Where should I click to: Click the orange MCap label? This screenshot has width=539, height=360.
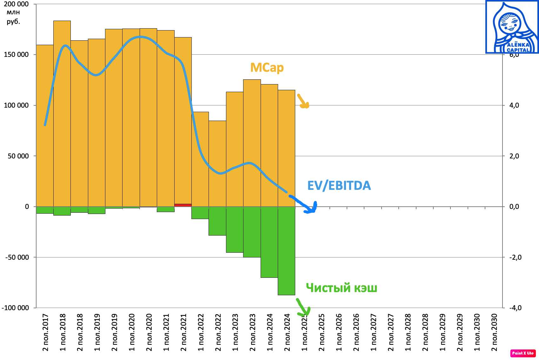[267, 68]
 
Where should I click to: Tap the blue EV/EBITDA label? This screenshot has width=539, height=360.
[339, 186]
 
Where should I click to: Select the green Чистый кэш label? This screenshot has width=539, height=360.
[341, 288]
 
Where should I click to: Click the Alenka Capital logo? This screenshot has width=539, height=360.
[512, 27]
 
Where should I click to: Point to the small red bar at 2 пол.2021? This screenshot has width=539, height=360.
[183, 205]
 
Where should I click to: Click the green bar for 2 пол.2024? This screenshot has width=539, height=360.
[286, 251]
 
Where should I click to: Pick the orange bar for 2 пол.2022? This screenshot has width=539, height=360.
[217, 163]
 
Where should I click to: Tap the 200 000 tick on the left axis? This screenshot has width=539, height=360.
[16, 4]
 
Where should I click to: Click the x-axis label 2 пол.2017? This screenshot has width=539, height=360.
[45, 332]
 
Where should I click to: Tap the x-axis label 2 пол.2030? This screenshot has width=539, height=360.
[494, 332]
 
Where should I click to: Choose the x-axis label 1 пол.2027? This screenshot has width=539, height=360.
[373, 332]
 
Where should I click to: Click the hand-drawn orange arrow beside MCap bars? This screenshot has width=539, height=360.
[303, 101]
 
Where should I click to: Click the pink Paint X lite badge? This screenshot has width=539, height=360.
[523, 353]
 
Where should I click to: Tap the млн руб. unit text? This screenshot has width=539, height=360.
[13, 17]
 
